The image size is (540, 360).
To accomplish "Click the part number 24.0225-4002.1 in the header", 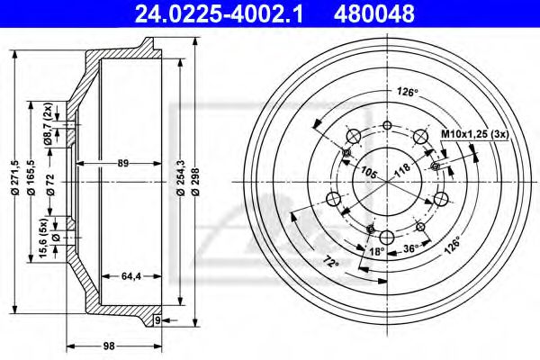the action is pos(219,13).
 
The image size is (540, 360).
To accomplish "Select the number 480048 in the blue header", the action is pos(374,13).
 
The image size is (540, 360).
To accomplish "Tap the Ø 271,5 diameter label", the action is pos(14,178).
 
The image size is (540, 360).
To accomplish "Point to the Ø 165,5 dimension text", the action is pos(31,178).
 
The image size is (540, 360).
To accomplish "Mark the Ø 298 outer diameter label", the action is pos(195,182).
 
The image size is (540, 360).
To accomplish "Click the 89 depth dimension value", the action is pos(123,163).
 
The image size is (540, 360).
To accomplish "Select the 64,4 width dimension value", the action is pos(131,276).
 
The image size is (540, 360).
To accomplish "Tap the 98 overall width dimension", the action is pos(109,346).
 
